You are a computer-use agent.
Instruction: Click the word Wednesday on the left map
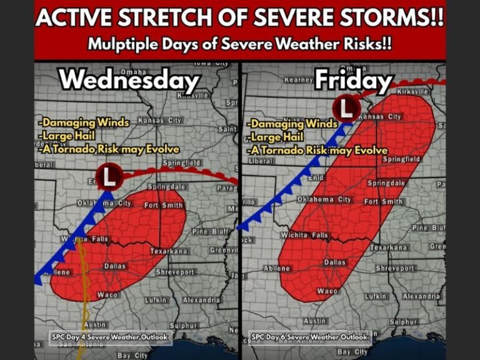pyautogui.click(x=129, y=81)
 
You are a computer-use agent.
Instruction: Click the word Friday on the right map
pyautogui.click(x=353, y=81)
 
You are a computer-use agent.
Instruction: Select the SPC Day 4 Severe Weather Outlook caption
pyautogui.click(x=110, y=337)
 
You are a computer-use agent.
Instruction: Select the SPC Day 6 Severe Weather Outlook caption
pyautogui.click(x=310, y=337)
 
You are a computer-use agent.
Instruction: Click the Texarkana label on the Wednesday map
pyautogui.click(x=168, y=251)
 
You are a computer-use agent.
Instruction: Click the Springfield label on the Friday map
pyautogui.click(x=401, y=159)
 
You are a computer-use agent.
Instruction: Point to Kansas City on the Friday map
pyautogui.click(x=380, y=117)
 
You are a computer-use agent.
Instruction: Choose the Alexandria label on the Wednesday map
pyautogui.click(x=201, y=300)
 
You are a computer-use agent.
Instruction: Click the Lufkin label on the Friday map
pyautogui.click(x=374, y=296)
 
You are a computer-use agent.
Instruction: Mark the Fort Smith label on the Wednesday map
pyautogui.click(x=163, y=205)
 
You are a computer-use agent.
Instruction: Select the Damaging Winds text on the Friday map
pyautogui.click(x=293, y=124)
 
